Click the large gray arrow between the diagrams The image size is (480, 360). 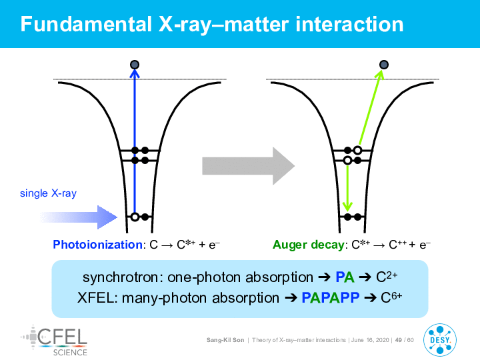click(x=248, y=166)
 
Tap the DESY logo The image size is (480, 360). click(x=440, y=340)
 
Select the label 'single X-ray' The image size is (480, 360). click(x=48, y=193)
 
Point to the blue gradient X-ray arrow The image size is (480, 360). click(x=79, y=217)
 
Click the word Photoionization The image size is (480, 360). click(x=97, y=245)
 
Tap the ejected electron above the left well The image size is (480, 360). click(x=135, y=65)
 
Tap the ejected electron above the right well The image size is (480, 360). click(x=384, y=65)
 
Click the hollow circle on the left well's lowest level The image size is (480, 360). click(x=135, y=217)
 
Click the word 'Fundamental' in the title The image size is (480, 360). click(x=86, y=24)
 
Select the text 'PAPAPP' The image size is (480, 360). click(x=331, y=297)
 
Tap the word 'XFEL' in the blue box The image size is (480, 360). click(x=95, y=297)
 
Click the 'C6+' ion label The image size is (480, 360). click(x=391, y=297)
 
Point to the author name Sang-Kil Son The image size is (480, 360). click(x=225, y=340)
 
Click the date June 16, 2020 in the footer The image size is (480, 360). click(x=370, y=340)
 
